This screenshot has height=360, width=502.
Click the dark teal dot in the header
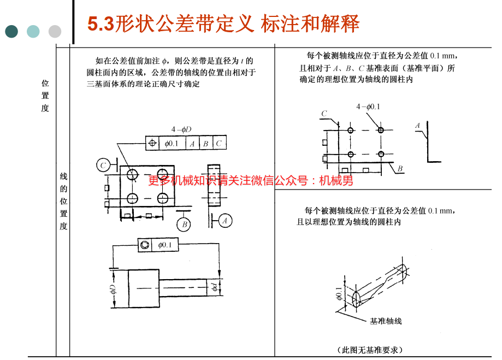click(x=11, y=31)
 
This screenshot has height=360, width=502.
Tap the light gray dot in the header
click(x=55, y=31)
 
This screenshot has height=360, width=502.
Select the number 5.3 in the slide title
click(x=101, y=24)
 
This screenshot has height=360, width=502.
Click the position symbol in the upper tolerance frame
click(x=152, y=143)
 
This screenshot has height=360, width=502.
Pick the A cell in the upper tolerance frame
click(x=192, y=143)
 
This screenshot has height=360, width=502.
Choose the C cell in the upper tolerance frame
click(x=219, y=143)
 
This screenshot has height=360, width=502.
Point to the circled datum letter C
click(x=103, y=166)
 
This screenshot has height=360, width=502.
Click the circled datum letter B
click(x=184, y=225)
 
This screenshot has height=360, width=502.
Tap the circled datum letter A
click(x=225, y=221)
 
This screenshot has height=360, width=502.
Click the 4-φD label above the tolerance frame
click(x=181, y=129)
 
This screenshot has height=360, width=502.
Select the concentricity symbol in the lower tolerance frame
click(x=145, y=245)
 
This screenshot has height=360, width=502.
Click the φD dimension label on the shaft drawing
click(x=113, y=288)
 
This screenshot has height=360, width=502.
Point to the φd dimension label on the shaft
click(x=215, y=286)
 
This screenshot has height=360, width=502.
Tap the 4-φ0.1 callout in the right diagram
click(x=368, y=107)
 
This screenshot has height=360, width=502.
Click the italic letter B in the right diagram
click(x=400, y=168)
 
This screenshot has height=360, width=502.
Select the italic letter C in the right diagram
click(x=324, y=114)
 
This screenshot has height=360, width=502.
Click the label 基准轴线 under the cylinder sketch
click(x=386, y=321)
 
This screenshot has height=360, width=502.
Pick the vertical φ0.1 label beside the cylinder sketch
click(x=339, y=293)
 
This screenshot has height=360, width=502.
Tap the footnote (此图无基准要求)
click(x=370, y=350)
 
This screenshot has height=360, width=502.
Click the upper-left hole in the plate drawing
click(x=132, y=175)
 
